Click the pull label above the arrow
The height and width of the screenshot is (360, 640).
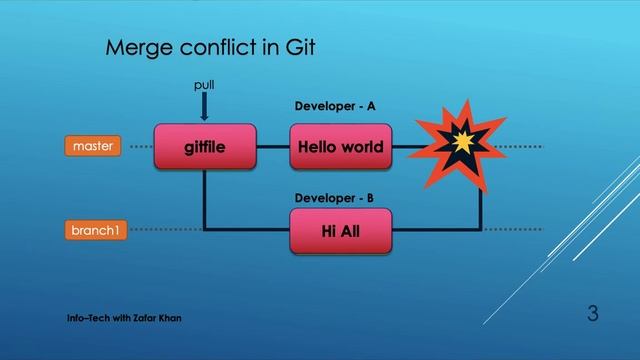pos(204,86)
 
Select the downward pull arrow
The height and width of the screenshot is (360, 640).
pos(204,106)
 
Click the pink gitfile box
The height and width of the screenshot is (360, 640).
pos(205,148)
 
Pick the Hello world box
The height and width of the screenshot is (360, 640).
pos(341,148)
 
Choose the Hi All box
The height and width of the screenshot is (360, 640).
pos(341,231)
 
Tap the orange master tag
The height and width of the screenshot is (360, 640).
pos(93,147)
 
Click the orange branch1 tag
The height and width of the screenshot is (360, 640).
pos(93,231)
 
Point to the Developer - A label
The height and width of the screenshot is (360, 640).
pos(335,105)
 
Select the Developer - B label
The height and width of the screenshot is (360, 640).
pos(335,198)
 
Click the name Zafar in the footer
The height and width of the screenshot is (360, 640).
pos(141,318)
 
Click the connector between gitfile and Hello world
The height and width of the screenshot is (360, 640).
pos(272,148)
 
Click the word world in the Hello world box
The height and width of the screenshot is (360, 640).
pos(362,148)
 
